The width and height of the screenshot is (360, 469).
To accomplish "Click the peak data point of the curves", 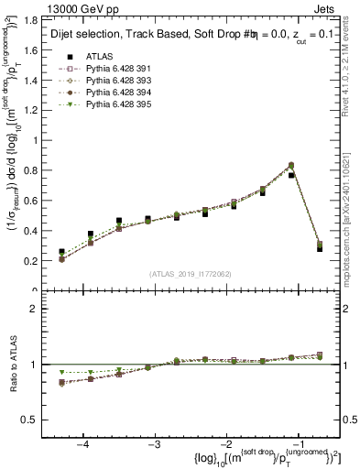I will (291, 166).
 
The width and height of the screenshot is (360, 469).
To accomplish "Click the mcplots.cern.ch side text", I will (351, 220).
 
